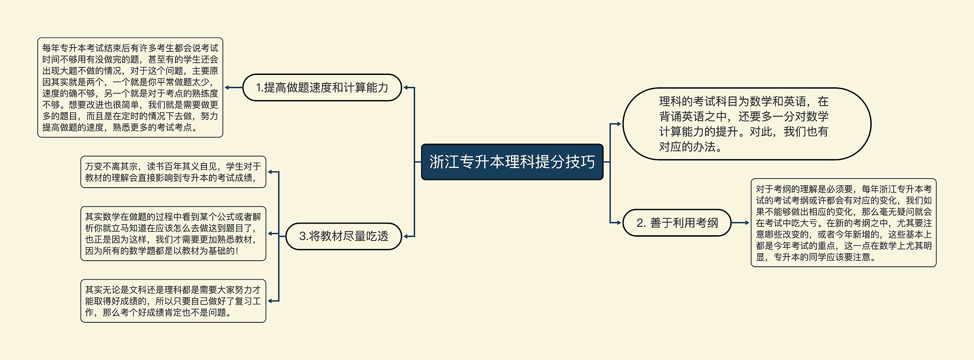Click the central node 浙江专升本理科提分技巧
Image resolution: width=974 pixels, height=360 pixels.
(512, 162)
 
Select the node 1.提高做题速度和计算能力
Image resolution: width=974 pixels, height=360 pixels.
(322, 88)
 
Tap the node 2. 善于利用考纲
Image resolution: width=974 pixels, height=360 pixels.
(677, 223)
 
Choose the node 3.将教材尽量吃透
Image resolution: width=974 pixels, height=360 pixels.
(344, 236)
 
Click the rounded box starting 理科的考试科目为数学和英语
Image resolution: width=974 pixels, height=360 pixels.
(746, 124)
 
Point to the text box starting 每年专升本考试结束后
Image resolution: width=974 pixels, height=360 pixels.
(130, 88)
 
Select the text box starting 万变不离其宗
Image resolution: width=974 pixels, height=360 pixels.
(173, 172)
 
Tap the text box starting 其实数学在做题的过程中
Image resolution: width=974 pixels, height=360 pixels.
(173, 234)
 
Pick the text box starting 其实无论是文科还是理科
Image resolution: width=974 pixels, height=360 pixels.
(173, 301)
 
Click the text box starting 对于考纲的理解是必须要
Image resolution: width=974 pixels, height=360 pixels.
(843, 223)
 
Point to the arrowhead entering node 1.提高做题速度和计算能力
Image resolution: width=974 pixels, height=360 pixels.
(406, 88)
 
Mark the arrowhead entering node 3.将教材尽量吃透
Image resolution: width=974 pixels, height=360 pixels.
(406, 236)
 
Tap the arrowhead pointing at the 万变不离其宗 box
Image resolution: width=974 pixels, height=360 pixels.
(270, 172)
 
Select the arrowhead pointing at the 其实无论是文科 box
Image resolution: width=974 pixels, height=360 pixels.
(270, 301)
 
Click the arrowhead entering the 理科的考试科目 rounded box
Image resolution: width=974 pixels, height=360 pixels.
(619, 124)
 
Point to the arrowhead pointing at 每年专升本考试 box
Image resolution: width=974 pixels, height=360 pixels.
(227, 88)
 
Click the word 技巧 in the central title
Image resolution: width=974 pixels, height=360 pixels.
(580, 162)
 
